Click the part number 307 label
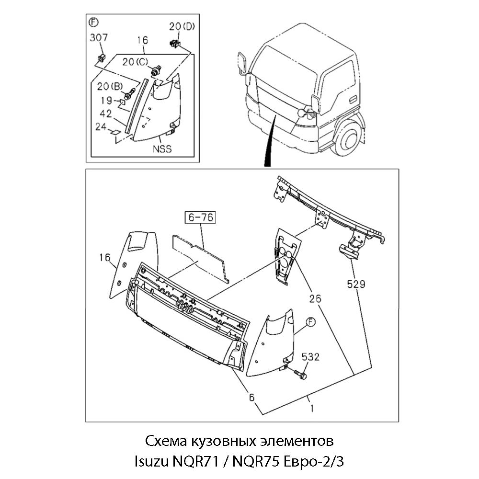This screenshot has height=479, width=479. pos(99,38)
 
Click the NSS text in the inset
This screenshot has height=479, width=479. pos(162,148)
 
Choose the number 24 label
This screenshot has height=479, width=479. pos(101,127)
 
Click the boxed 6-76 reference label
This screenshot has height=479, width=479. pos(201,217)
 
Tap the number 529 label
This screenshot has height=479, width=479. pos(356,284)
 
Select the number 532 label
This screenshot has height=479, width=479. pos(310,357)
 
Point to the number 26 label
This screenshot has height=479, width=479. pos(315,298)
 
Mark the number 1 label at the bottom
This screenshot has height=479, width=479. pos(312,409)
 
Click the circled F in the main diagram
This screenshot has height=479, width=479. pos(310,322)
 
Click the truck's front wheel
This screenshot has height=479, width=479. pos(348,140)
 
